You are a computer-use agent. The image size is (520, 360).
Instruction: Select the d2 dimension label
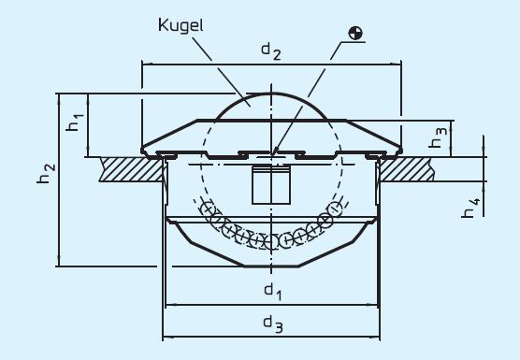pyautogui.click(x=270, y=51)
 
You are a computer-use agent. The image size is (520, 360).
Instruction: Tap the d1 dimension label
pyautogui.click(x=272, y=292)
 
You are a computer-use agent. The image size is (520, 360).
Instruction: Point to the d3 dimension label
pyautogui.click(x=272, y=324)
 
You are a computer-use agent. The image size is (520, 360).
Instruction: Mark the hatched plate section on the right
pyautogui.click(x=412, y=168)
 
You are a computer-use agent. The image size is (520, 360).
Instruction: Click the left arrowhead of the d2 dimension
pyautogui.click(x=146, y=65)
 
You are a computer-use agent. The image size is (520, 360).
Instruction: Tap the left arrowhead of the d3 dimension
pyautogui.click(x=167, y=336)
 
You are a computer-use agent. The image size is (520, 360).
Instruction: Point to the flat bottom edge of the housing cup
pyautogui.click(x=272, y=266)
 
